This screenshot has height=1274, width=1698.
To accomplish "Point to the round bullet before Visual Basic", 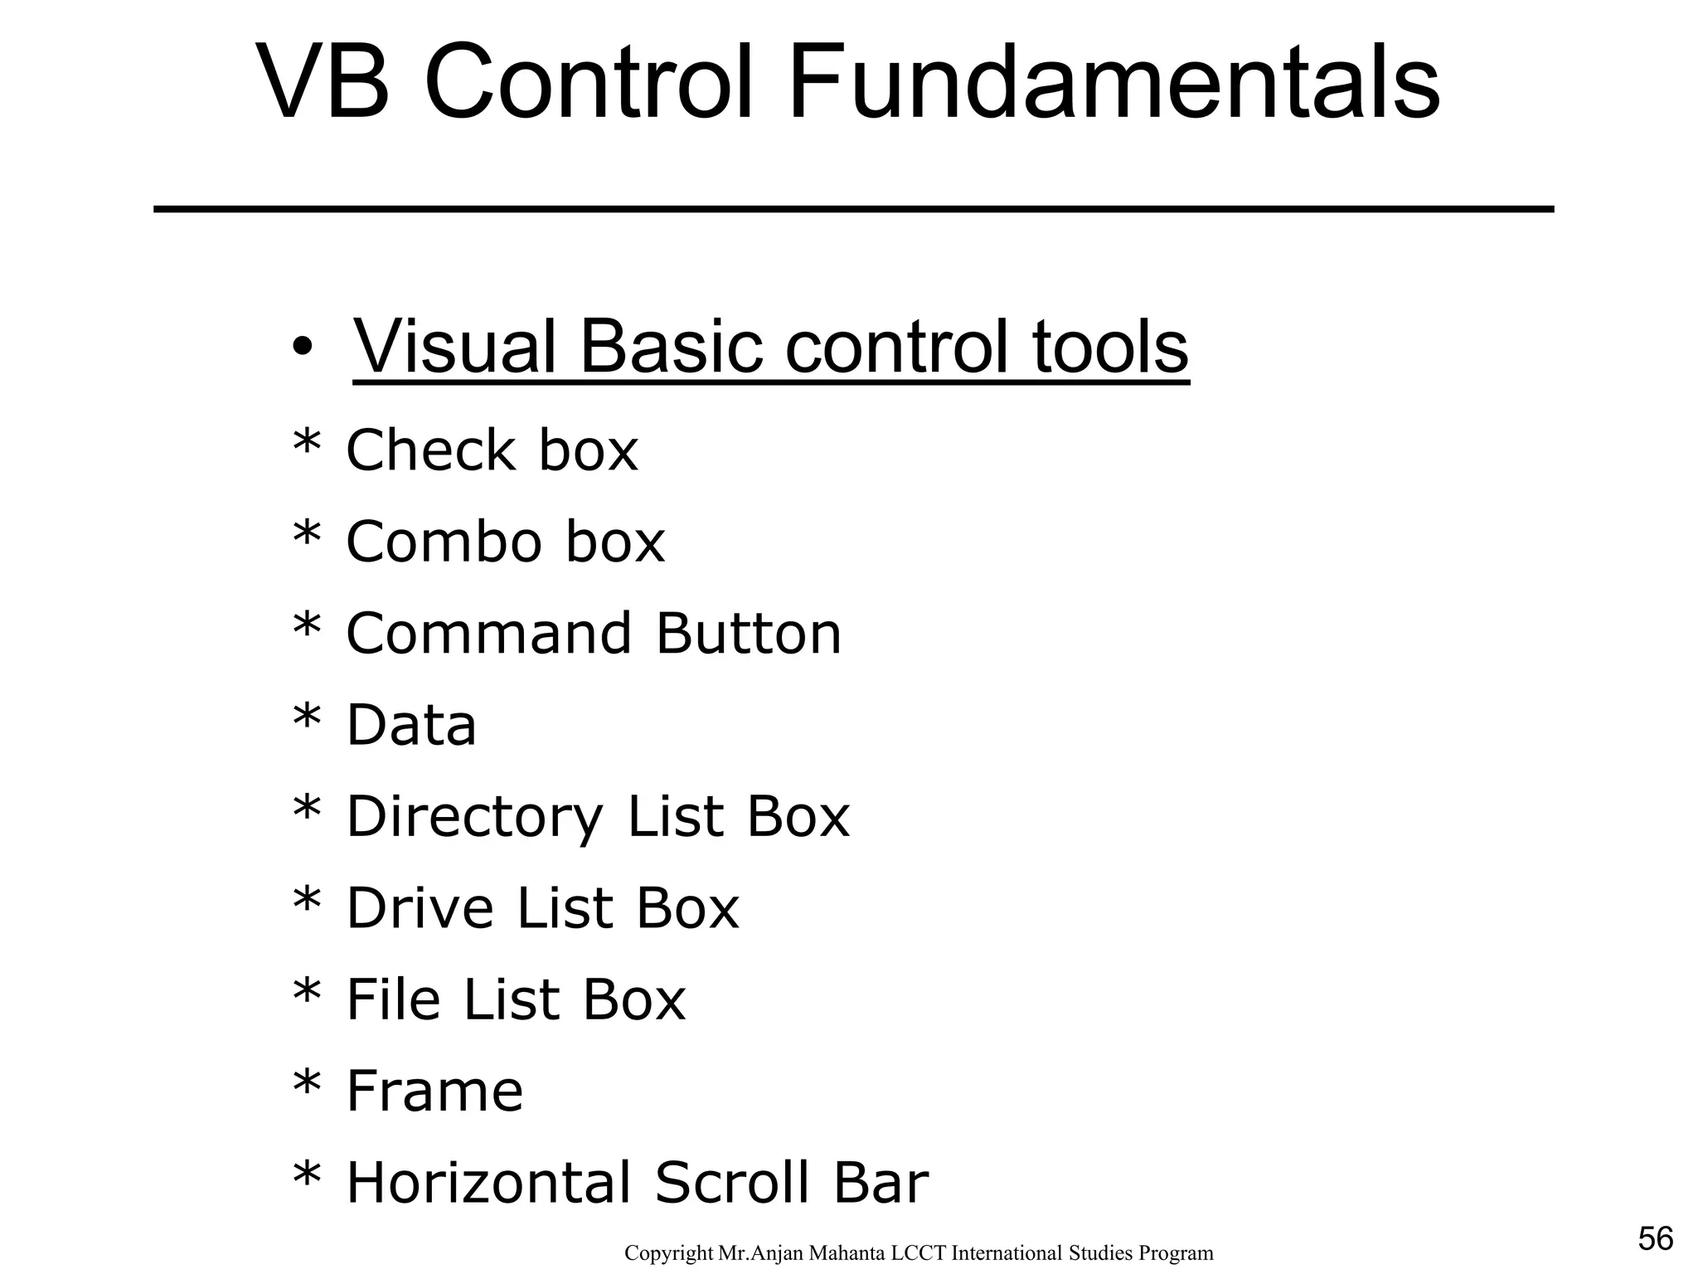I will [x=303, y=348].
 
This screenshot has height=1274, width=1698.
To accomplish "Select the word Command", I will [x=488, y=634].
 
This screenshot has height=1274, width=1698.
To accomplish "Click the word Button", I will [x=748, y=634].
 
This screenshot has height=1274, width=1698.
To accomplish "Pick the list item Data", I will [x=410, y=725].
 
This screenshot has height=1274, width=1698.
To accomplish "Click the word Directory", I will [x=474, y=818].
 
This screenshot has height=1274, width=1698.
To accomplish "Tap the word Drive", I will [x=419, y=908].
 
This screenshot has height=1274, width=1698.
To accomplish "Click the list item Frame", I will [x=434, y=1091].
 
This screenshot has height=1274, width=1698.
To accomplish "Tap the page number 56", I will [x=1655, y=1239].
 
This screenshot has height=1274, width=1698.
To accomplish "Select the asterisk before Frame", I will [x=307, y=1083].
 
